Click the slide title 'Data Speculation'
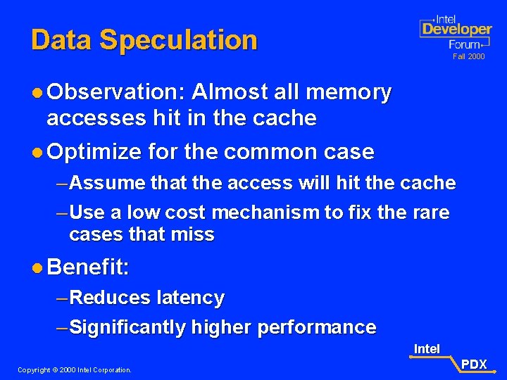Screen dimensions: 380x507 coord(144,40)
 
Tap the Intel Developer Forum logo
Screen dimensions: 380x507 coord(455,31)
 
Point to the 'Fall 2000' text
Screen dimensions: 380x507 coord(468,56)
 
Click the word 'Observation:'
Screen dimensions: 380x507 coord(112,92)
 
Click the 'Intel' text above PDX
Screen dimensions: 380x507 coord(427,349)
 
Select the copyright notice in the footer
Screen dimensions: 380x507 coord(75,369)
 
